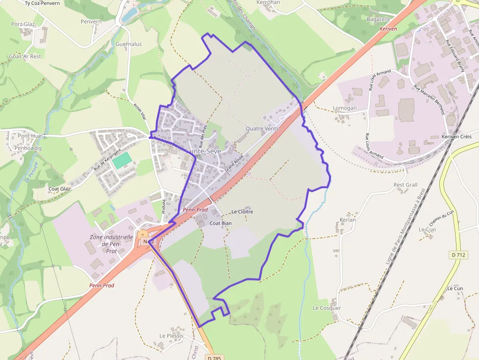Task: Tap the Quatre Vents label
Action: (262, 129)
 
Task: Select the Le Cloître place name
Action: (242, 212)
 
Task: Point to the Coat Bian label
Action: (220, 223)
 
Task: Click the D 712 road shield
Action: (458, 254)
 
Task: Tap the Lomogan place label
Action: (345, 108)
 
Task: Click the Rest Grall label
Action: (406, 185)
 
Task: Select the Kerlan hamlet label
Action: (348, 220)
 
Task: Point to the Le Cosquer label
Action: (327, 308)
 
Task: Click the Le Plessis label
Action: (172, 336)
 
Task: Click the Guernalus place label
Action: (129, 44)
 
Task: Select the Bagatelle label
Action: (378, 20)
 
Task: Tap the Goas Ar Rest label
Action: (25, 57)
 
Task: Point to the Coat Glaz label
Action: (60, 189)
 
